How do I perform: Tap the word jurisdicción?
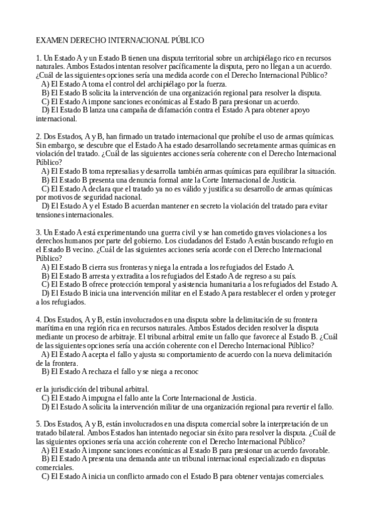(67, 388)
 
